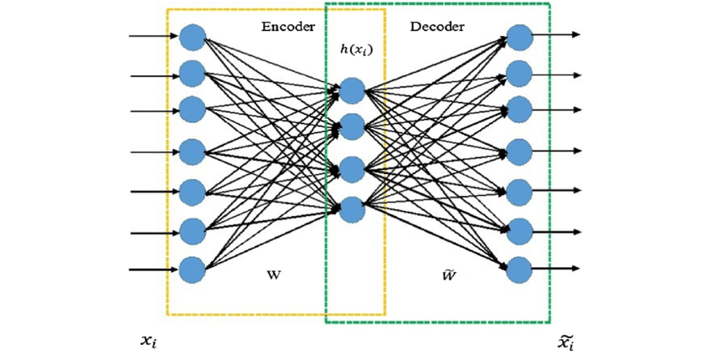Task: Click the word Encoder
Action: click(x=288, y=27)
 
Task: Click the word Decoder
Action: click(x=436, y=27)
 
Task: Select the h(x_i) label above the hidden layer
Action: click(x=355, y=49)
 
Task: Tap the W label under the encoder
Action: click(x=273, y=275)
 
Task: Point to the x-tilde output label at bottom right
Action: click(x=566, y=342)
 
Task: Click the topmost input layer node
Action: click(x=193, y=37)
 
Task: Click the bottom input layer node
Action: click(x=193, y=270)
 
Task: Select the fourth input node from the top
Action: click(x=193, y=152)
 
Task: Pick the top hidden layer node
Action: click(x=353, y=90)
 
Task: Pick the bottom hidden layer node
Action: click(x=353, y=208)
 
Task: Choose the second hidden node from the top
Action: click(x=353, y=127)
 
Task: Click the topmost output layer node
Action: click(x=519, y=37)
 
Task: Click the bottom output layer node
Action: click(x=519, y=270)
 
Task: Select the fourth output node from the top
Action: click(x=519, y=152)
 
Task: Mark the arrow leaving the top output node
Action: click(x=556, y=35)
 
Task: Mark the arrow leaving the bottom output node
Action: click(x=556, y=270)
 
